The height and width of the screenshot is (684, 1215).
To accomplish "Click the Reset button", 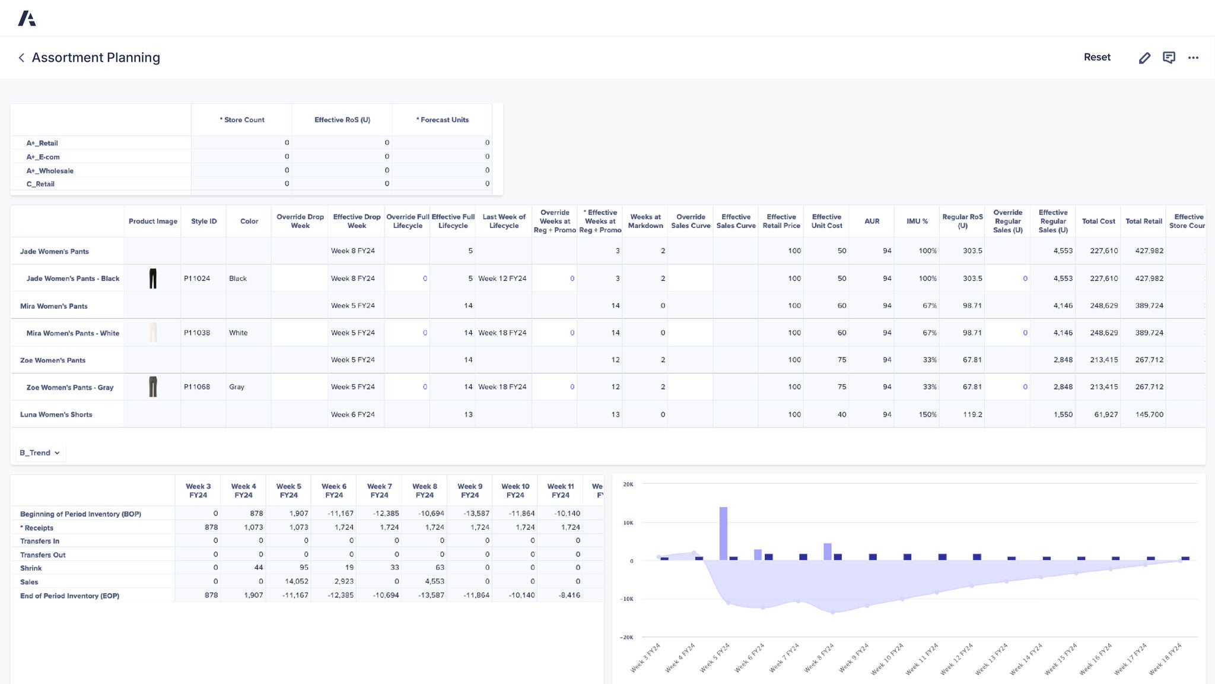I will (x=1097, y=58).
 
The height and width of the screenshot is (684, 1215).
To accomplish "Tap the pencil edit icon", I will (x=1144, y=58).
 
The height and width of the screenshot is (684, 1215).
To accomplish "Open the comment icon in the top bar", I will (x=1169, y=58).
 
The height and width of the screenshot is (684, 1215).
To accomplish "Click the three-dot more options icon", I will (x=1193, y=58).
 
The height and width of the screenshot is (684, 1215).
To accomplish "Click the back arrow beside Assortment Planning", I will (x=21, y=58).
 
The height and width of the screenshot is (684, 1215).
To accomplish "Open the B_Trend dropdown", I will (x=40, y=453).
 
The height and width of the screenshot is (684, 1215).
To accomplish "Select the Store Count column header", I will (x=242, y=120).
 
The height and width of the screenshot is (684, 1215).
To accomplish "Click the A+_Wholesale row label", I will (x=50, y=171).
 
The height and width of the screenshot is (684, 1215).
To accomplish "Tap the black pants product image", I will (x=152, y=278).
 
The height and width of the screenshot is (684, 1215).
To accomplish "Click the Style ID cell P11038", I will (x=197, y=333).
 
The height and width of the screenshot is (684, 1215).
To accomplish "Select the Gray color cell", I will (x=237, y=387).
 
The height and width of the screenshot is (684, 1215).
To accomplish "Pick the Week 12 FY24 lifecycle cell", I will (x=502, y=278).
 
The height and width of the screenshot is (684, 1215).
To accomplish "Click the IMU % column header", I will (x=917, y=221).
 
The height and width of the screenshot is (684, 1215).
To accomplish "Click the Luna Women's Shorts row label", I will (x=56, y=415).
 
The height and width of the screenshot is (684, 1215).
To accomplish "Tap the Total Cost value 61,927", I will (x=1106, y=415).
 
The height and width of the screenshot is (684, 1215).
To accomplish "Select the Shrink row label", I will (x=31, y=568).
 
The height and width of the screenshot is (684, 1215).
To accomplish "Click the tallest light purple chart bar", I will (x=723, y=533).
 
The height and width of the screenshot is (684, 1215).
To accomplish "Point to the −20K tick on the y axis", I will (x=627, y=638).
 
